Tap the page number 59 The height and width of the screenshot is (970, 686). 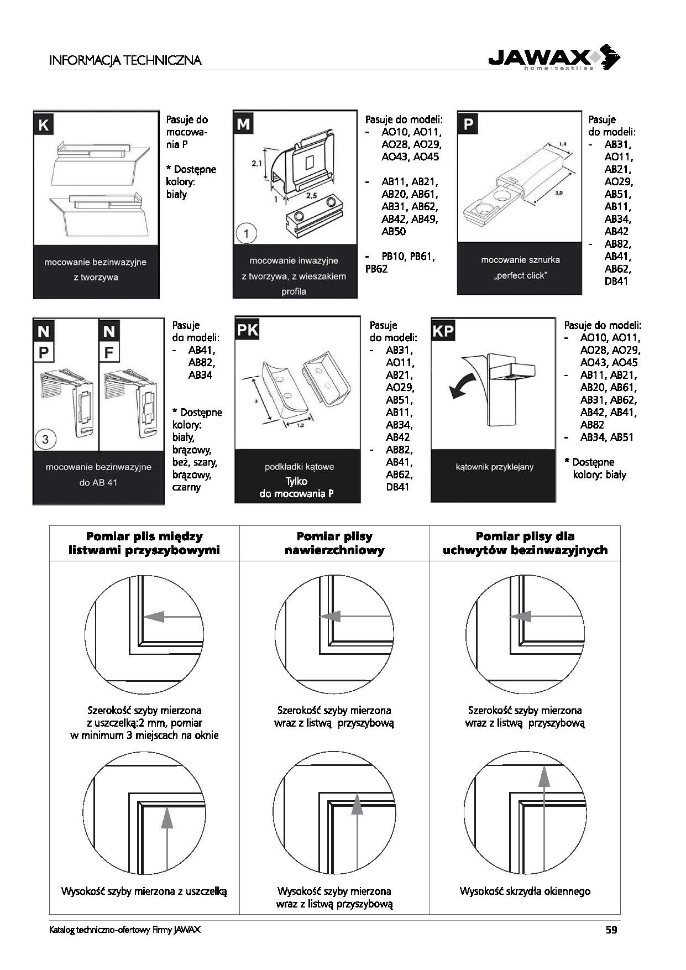[611, 930]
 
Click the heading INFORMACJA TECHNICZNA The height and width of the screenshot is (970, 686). [125, 60]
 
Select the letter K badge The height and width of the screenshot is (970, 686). [43, 124]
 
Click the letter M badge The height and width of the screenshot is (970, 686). [243, 124]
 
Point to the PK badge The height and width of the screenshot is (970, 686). [247, 330]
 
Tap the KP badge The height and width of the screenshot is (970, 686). [443, 331]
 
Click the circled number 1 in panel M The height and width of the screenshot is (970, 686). [246, 234]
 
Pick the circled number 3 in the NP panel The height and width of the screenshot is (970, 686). [45, 440]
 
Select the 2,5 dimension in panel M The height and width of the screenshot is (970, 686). [311, 195]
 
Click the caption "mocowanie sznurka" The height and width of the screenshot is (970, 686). [520, 260]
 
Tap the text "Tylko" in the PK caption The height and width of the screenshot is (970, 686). [296, 481]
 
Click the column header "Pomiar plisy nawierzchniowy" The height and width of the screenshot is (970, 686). [334, 543]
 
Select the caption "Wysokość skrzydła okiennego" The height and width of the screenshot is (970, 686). [525, 891]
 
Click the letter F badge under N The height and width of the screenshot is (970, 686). [109, 352]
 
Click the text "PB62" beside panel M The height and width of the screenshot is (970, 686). [376, 269]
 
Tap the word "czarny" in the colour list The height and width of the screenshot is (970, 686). [186, 487]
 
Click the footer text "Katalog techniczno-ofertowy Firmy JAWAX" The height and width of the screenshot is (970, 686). [125, 930]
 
